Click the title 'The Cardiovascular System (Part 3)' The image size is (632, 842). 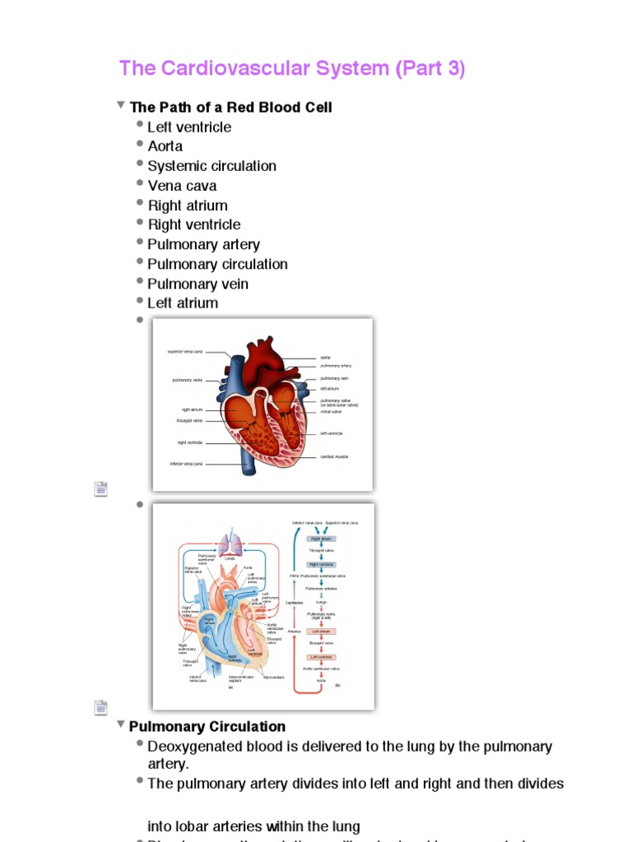pyautogui.click(x=291, y=68)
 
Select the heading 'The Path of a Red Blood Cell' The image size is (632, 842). pyautogui.click(x=231, y=108)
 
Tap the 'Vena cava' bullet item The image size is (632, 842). pyautogui.click(x=182, y=186)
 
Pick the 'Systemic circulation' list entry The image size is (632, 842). pyautogui.click(x=211, y=166)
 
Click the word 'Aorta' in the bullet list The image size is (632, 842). pyautogui.click(x=165, y=146)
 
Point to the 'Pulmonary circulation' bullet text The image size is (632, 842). pyautogui.click(x=217, y=264)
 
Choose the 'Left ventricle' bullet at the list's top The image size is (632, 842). pyautogui.click(x=189, y=127)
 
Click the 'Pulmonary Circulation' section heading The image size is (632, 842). pyautogui.click(x=207, y=727)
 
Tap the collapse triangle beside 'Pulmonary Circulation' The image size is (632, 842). pyautogui.click(x=121, y=725)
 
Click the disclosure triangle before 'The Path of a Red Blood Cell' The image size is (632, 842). pyautogui.click(x=121, y=106)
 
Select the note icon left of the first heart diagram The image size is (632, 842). pyautogui.click(x=100, y=489)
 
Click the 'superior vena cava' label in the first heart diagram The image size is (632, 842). pyautogui.click(x=185, y=351)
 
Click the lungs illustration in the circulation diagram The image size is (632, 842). pyautogui.click(x=228, y=544)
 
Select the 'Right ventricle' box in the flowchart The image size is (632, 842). pyautogui.click(x=322, y=565)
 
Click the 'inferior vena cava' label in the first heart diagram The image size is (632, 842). pyautogui.click(x=186, y=464)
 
